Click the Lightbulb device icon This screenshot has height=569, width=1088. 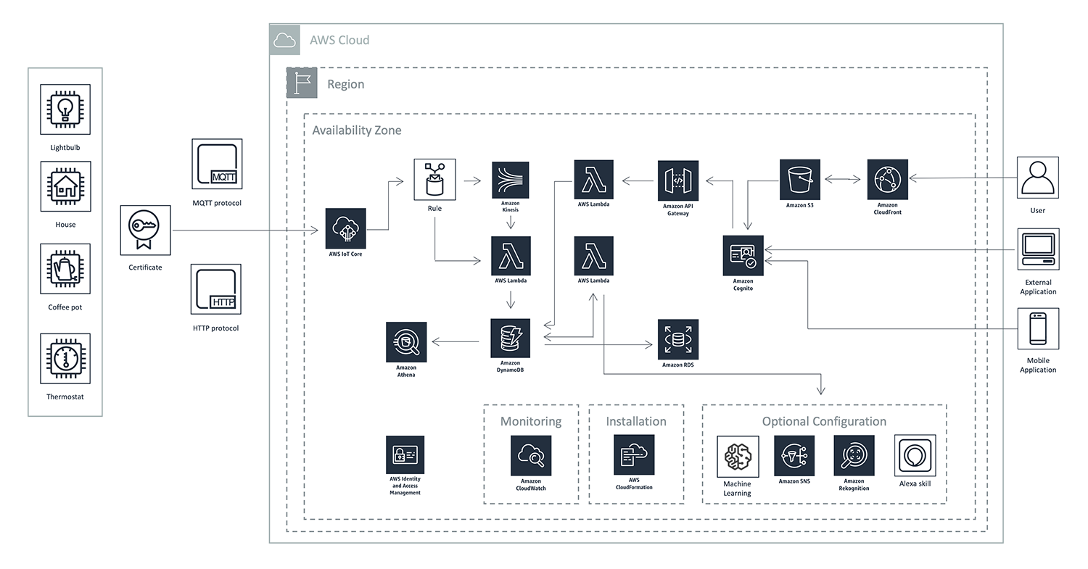pyautogui.click(x=65, y=109)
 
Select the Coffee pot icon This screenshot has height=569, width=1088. pyautogui.click(x=65, y=269)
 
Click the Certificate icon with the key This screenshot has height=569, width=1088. pyautogui.click(x=146, y=230)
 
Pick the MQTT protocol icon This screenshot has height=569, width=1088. pyautogui.click(x=216, y=165)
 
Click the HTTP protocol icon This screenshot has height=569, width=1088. pyautogui.click(x=216, y=290)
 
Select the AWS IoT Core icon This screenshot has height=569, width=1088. pyautogui.click(x=345, y=228)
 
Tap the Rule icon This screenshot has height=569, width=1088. pyautogui.click(x=434, y=180)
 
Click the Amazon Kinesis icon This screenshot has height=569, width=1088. pyautogui.click(x=511, y=180)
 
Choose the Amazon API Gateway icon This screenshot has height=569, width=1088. pyautogui.click(x=677, y=180)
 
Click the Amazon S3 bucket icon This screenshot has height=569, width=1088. pyautogui.click(x=800, y=180)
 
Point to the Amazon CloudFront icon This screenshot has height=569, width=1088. pyautogui.click(x=887, y=180)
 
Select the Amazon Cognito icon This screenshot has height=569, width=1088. pyautogui.click(x=743, y=255)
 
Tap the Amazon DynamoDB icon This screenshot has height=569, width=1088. pyautogui.click(x=510, y=338)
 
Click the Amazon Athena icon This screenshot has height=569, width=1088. pyautogui.click(x=406, y=342)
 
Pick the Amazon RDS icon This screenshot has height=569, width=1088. pyautogui.click(x=677, y=339)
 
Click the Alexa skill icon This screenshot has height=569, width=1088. pyautogui.click(x=915, y=456)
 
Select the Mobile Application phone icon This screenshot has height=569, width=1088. pyautogui.click(x=1038, y=329)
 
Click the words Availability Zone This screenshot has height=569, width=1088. pyautogui.click(x=356, y=130)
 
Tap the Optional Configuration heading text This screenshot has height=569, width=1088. pyautogui.click(x=823, y=421)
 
